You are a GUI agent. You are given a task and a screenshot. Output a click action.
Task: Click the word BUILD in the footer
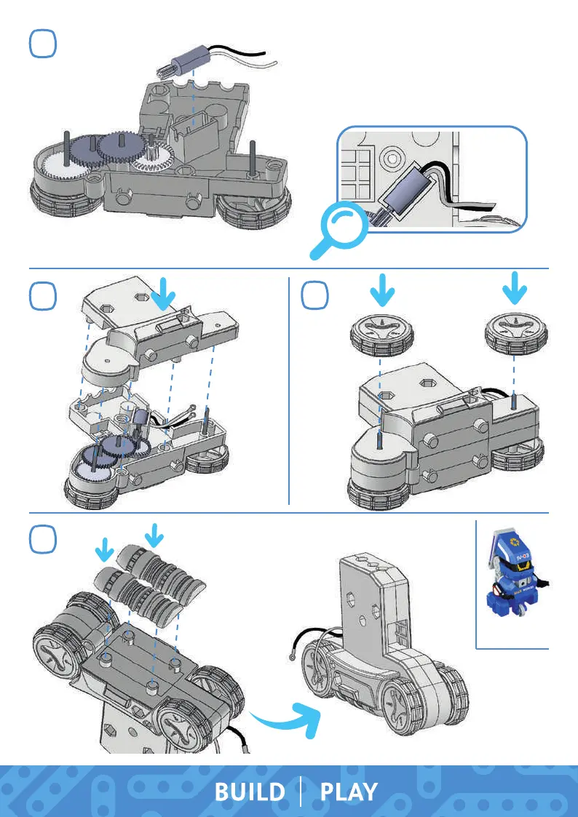(249, 792)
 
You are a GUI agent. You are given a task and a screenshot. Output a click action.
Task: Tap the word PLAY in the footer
(349, 792)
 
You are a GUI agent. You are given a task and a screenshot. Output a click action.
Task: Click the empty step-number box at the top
(43, 44)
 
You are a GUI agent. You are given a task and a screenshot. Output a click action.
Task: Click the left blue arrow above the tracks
(106, 548)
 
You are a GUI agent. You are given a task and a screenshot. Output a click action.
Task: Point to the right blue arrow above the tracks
(154, 537)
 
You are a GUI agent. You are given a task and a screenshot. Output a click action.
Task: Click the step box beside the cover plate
(43, 298)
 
